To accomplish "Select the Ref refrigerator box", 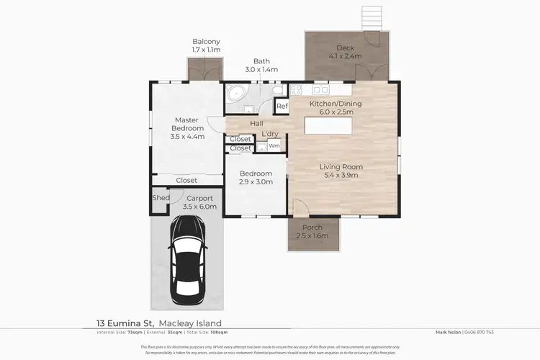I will coord(282,107).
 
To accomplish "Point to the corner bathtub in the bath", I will coord(235,95).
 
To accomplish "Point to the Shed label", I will coord(161,198).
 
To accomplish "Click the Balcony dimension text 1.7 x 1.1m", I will coord(206,50).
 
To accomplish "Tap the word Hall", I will coord(256,124).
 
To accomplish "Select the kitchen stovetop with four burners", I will coord(297,91).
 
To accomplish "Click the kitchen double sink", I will coord(319,91).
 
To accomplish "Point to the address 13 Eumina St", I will coord(122,323).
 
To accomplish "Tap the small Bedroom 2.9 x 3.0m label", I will coord(256,178).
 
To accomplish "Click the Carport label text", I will coord(199,198).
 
